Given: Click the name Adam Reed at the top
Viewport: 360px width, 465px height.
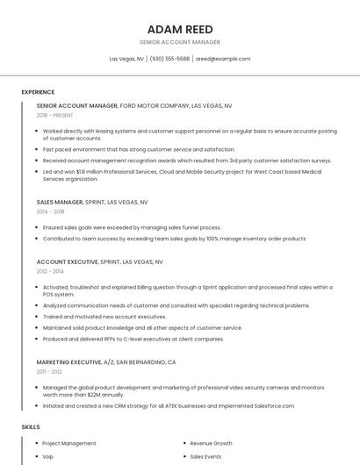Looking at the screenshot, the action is [180, 28].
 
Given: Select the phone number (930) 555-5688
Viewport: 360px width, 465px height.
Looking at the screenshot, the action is [169, 59].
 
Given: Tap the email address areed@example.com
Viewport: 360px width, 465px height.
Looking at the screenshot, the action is [223, 59].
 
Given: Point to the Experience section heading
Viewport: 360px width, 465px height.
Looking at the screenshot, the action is [38, 92].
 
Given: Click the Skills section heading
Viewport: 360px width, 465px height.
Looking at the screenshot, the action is [31, 426].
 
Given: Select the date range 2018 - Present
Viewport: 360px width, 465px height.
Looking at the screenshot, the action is [54, 115].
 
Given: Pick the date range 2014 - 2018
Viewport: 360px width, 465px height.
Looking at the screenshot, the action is [50, 211].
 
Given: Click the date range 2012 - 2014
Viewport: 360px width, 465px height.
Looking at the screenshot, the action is [50, 271].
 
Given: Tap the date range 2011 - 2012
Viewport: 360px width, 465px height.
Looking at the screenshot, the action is [49, 371].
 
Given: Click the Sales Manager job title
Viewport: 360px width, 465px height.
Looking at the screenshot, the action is [60, 202].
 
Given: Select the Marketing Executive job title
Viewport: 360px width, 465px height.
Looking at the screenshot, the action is [69, 361].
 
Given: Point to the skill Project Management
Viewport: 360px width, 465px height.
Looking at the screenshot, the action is [69, 444].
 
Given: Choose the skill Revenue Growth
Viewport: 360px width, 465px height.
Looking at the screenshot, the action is [211, 444].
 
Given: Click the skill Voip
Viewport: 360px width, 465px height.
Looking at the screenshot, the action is [48, 456].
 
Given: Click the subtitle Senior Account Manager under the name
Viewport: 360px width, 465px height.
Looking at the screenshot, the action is [180, 42].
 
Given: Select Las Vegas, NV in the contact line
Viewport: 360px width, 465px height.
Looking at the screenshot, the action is [126, 59].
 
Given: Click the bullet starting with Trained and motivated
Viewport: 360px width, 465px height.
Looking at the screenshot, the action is [104, 316].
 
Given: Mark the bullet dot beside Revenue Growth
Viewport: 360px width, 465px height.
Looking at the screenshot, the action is [182, 444].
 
